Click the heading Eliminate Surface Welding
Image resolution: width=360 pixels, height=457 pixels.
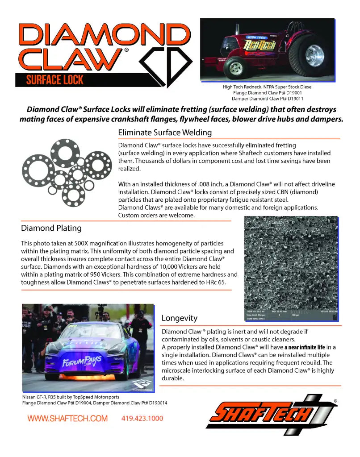click(x=164, y=133)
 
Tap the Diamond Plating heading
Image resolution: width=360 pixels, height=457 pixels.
click(x=51, y=228)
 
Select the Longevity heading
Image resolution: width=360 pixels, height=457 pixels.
click(x=179, y=318)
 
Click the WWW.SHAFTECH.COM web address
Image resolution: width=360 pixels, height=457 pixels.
click(x=67, y=419)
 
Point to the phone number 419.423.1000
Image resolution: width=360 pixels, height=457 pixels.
click(x=142, y=419)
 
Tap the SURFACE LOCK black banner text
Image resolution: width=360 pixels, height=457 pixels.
click(x=54, y=80)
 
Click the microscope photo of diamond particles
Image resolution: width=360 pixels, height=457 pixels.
click(x=291, y=263)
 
